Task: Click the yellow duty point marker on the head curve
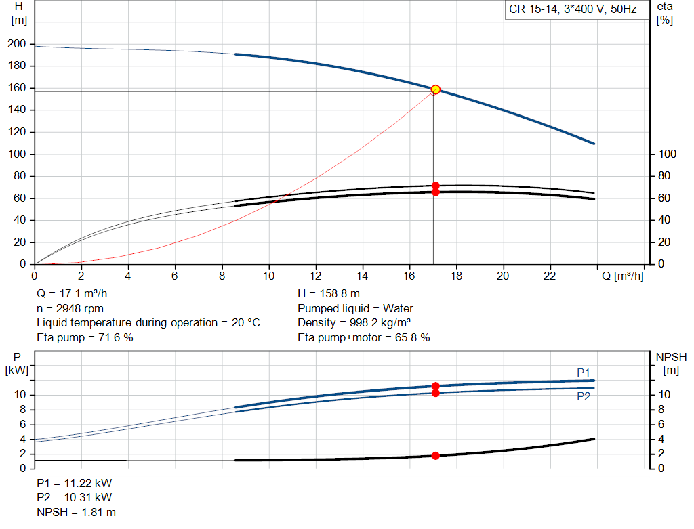[435, 89]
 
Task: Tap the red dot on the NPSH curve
[435, 456]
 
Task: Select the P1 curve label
[584, 372]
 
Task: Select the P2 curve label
[584, 397]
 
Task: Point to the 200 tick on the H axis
[17, 44]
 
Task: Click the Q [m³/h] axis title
[623, 276]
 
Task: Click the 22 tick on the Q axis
[550, 276]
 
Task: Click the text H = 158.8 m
[329, 294]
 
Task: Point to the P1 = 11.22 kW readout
[75, 484]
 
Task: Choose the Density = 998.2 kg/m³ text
[354, 323]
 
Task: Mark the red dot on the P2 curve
[435, 393]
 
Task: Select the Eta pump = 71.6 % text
[85, 337]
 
